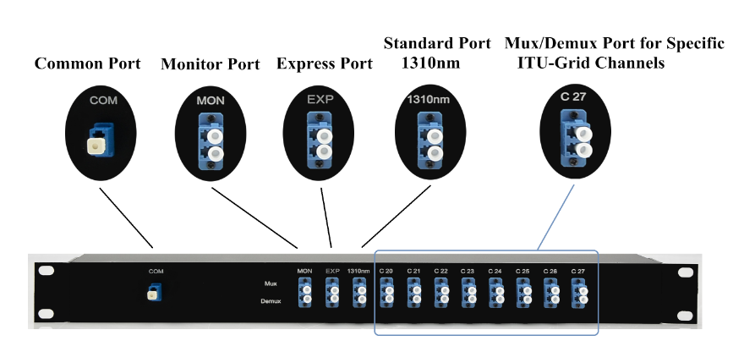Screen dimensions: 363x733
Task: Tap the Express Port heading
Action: (325, 63)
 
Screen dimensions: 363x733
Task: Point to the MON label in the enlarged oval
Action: (210, 101)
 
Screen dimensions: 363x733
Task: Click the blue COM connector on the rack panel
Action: (155, 292)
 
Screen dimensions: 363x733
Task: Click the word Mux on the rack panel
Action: (271, 284)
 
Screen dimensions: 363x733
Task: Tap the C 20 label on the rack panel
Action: (386, 271)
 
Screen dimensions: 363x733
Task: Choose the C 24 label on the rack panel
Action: (495, 271)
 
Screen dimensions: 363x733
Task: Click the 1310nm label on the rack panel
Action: (359, 271)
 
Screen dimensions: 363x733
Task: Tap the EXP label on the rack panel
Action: (331, 271)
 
